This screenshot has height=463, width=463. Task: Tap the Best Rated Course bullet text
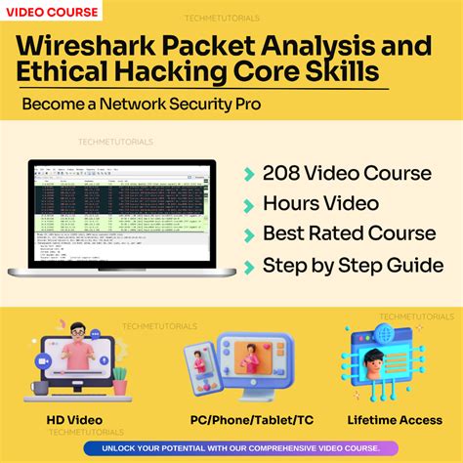point(349,233)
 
